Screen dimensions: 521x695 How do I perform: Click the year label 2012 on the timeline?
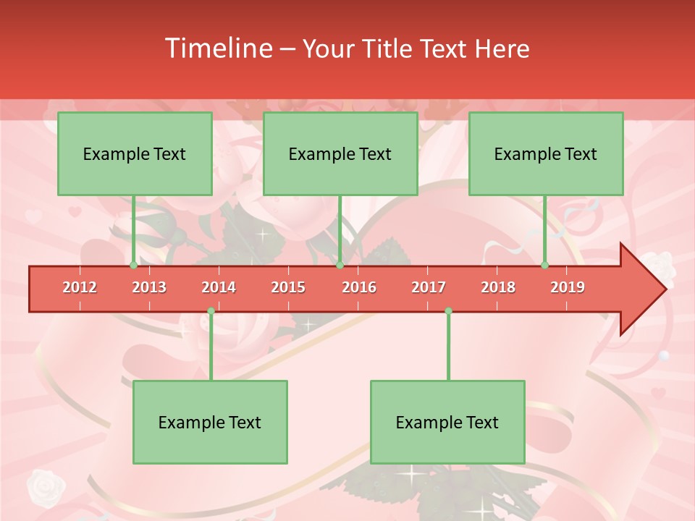coord(80,287)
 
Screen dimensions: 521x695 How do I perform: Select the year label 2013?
coord(149,287)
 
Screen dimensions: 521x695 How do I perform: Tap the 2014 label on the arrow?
coord(219,287)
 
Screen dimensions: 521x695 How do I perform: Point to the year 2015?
coord(288,287)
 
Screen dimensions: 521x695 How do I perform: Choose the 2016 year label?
coord(359,287)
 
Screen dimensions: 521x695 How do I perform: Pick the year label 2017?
coord(429,287)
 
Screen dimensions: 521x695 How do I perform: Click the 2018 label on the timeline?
coord(498,287)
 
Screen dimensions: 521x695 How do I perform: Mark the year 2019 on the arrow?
coord(568,287)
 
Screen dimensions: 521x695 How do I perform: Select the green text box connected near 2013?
coord(135,153)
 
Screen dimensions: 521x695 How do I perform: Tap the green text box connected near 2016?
coord(340,153)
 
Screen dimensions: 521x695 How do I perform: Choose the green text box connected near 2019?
coord(546,153)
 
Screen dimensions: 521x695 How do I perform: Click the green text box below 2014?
coord(210,422)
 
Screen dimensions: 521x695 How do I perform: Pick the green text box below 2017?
coord(447,422)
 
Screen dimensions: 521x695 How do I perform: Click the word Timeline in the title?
coord(217,48)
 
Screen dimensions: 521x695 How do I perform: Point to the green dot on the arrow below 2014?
coord(211,311)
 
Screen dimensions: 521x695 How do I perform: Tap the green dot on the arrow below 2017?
coord(448,311)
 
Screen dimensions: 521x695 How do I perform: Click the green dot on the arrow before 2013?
coord(133,266)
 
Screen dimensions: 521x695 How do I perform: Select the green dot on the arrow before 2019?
coord(545,266)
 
